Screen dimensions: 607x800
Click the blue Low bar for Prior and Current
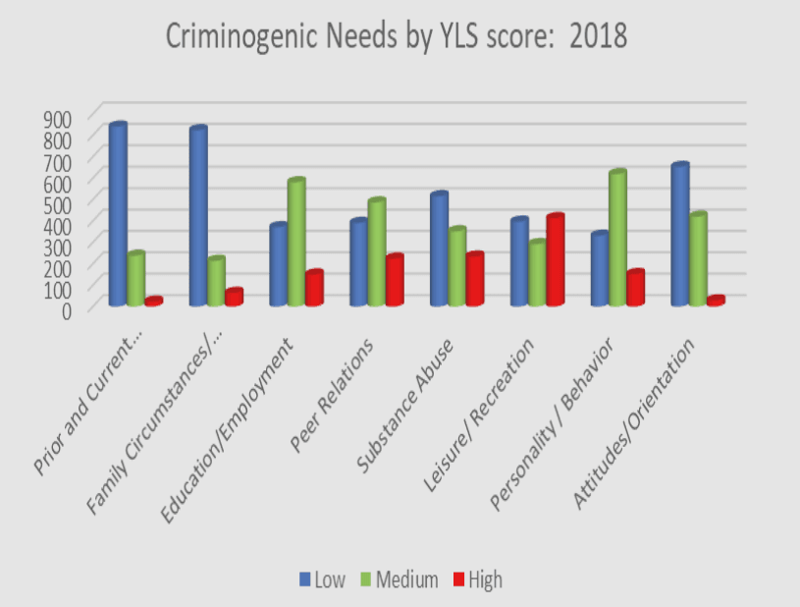point(118,216)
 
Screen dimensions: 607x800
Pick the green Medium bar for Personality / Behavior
point(617,240)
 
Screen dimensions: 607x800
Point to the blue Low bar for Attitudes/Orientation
point(679,236)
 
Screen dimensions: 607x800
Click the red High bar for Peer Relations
point(394,281)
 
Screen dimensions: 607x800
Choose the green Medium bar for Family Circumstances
point(216,283)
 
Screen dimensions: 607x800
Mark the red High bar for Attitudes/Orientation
point(716,301)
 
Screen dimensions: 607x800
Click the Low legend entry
point(323,579)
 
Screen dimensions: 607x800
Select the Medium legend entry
point(400,579)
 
